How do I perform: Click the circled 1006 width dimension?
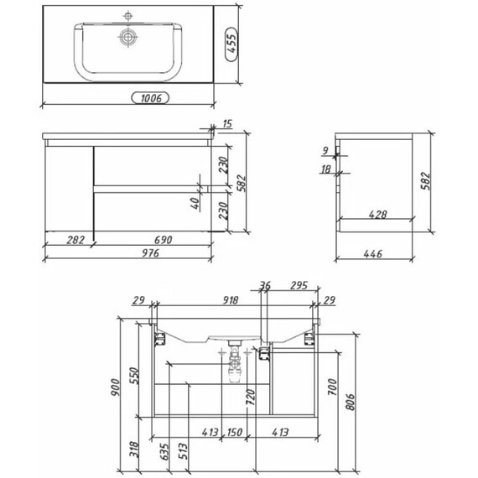[150, 98]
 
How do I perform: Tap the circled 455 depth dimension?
[231, 44]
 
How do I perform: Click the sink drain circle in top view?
[127, 37]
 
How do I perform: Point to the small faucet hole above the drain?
[127, 16]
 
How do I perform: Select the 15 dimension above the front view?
[227, 124]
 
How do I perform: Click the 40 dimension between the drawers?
[195, 203]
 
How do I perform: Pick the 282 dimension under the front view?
[75, 240]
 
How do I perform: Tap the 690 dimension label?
[163, 240]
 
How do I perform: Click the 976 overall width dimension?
[151, 253]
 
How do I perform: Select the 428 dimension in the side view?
[377, 215]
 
